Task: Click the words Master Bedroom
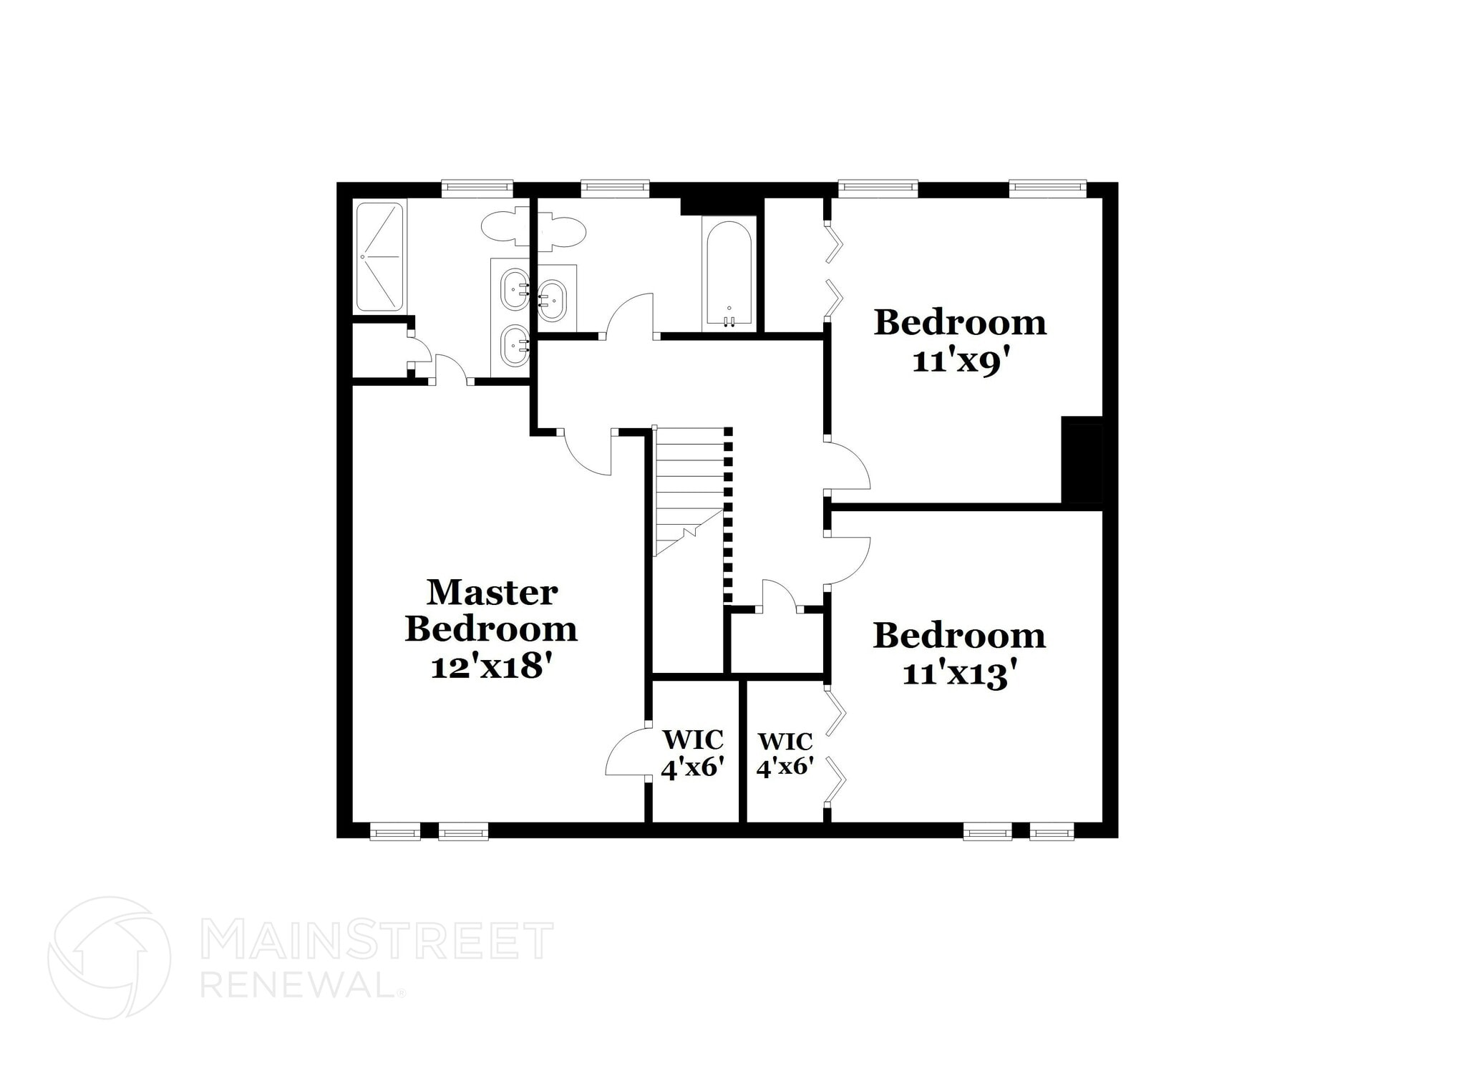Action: pyautogui.click(x=492, y=611)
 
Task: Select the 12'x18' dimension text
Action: pyautogui.click(x=492, y=667)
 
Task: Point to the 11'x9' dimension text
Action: pyautogui.click(x=959, y=361)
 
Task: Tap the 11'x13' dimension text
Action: pyautogui.click(x=959, y=674)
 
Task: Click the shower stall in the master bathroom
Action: pyautogui.click(x=380, y=256)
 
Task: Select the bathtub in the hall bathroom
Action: pyautogui.click(x=729, y=273)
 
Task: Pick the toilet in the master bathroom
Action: pyautogui.click(x=504, y=228)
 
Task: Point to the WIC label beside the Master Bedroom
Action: pyautogui.click(x=692, y=739)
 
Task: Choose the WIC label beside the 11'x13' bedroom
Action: pyautogui.click(x=785, y=740)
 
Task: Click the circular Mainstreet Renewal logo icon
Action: pyautogui.click(x=109, y=957)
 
